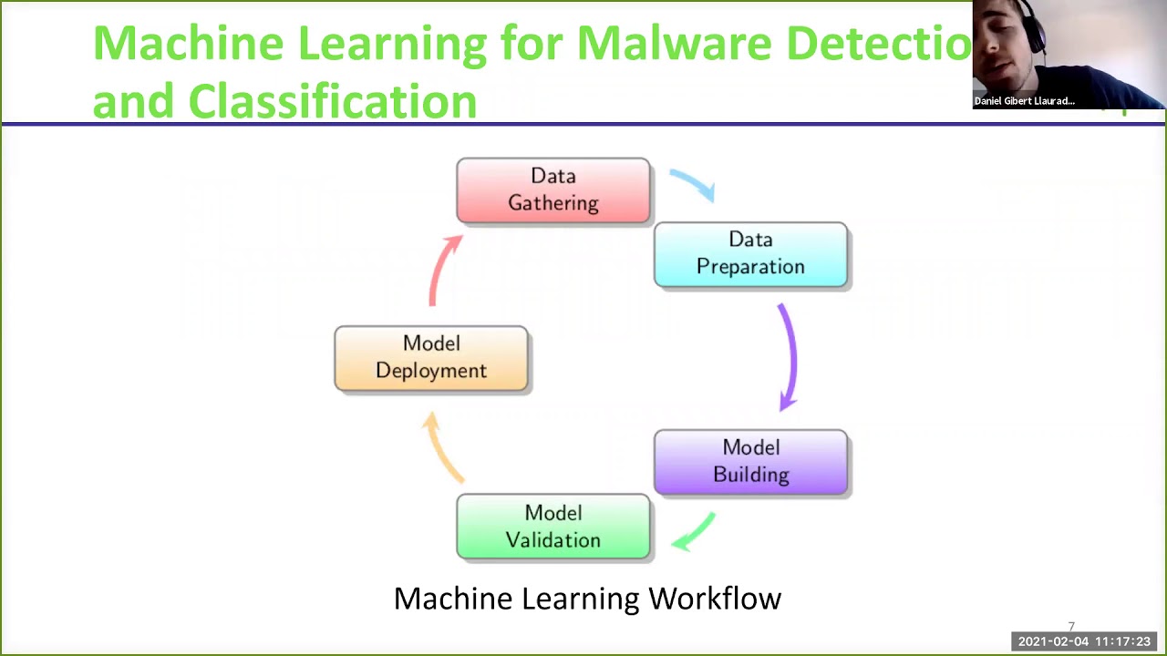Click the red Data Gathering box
pos(553,190)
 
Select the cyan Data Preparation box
pos(750,253)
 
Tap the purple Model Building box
pos(750,461)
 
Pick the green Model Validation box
pos(553,527)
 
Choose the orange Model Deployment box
pos(431,357)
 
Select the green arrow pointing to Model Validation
pos(694,532)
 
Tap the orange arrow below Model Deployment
pos(444,446)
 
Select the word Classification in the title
pos(332,100)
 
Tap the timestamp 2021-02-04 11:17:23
pos(1084,641)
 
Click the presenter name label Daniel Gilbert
pos(1024,101)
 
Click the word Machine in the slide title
pos(189,43)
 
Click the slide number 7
pos(1071,627)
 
